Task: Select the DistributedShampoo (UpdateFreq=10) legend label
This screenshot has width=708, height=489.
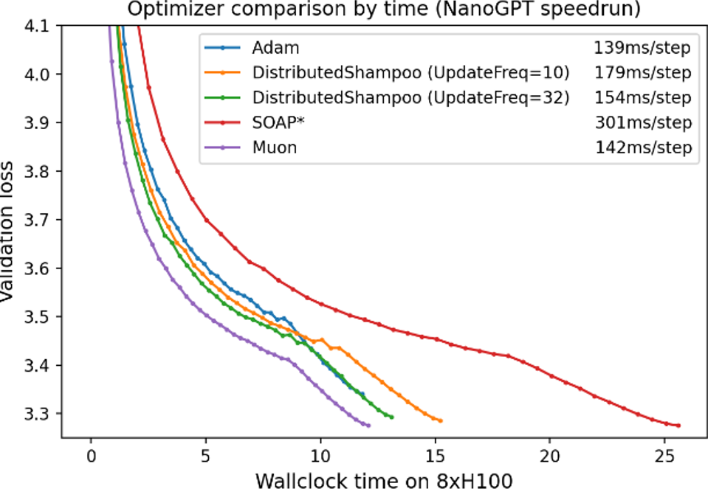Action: pyautogui.click(x=410, y=73)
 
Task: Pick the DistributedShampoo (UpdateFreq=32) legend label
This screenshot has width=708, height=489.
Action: pyautogui.click(x=410, y=97)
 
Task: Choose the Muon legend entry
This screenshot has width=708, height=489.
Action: pyautogui.click(x=275, y=147)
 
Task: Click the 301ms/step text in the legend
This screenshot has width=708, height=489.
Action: pyautogui.click(x=642, y=122)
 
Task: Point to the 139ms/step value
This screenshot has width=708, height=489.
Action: pyautogui.click(x=642, y=49)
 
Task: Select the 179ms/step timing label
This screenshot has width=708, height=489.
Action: pyautogui.click(x=642, y=73)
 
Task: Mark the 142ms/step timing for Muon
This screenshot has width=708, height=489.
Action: pyautogui.click(x=642, y=147)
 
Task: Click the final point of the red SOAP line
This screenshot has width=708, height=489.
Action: pyautogui.click(x=678, y=426)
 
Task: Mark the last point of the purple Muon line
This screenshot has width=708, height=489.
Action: pyautogui.click(x=368, y=426)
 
